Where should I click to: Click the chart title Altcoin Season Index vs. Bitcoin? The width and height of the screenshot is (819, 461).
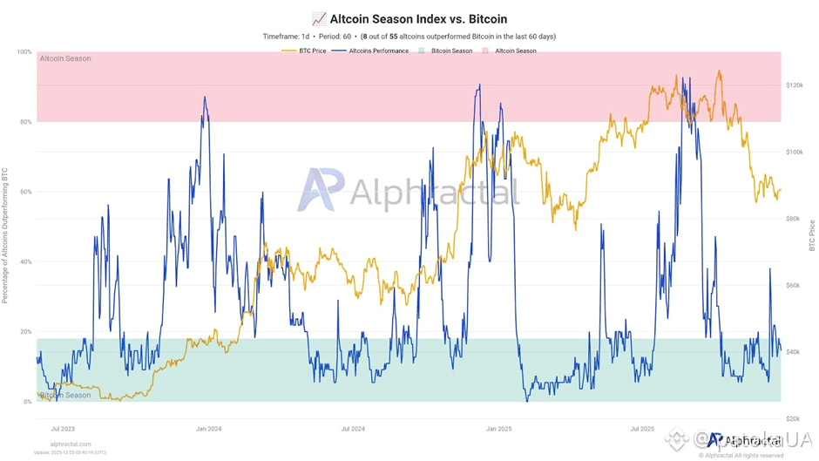point(416,18)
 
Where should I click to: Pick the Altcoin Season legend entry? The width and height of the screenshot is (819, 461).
point(515,51)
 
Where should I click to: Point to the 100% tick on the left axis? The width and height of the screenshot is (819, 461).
point(24,52)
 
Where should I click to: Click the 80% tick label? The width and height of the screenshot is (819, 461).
point(24,122)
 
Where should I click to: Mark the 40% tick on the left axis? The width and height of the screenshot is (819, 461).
point(24,262)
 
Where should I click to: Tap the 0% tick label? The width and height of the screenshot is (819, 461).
point(26,402)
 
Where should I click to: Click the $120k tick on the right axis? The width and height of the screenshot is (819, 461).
point(795,85)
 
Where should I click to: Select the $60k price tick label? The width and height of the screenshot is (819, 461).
point(794,285)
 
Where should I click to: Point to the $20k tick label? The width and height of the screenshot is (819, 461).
point(794,418)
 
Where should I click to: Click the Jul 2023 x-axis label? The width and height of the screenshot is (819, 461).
point(63,429)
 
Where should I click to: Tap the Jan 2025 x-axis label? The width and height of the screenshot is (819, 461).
point(498,429)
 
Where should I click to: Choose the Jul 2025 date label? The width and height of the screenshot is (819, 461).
point(641,429)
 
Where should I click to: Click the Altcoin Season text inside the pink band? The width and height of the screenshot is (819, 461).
point(65,59)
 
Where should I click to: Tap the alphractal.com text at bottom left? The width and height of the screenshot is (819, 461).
point(62,444)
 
